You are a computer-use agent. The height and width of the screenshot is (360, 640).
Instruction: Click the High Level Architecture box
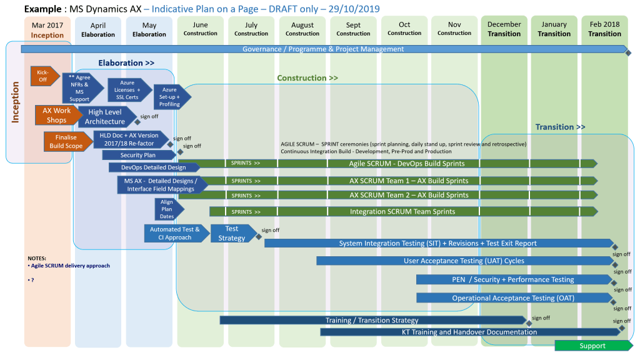[105, 117]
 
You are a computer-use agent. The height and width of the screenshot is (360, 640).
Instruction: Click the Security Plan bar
[138, 155]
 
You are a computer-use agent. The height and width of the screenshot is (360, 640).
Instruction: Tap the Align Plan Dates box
[167, 209]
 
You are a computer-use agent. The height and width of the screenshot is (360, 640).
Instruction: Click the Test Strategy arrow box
[232, 234]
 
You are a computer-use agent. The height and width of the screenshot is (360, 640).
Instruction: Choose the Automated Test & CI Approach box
[175, 234]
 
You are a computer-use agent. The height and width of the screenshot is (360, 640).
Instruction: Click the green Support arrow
[592, 346]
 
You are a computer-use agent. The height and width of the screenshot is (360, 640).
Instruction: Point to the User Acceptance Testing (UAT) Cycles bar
[464, 261]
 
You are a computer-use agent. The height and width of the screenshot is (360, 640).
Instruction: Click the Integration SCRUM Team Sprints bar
[402, 212]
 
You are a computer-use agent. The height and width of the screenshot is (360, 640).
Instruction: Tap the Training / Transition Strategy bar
[372, 321]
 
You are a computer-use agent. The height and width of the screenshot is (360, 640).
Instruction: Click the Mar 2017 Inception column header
[47, 30]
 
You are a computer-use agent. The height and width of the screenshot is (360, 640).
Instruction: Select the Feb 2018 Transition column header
[604, 29]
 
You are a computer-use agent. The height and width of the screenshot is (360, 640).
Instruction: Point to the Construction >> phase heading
[307, 78]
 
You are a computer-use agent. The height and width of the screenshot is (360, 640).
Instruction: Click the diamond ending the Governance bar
[628, 53]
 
